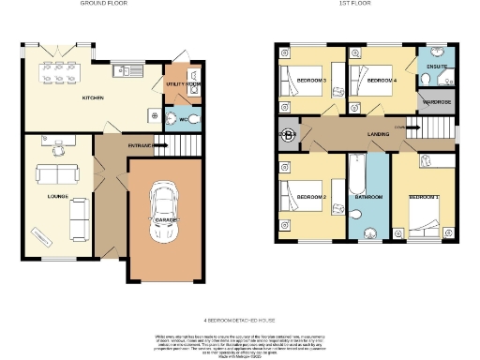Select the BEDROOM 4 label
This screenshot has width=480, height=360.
coord(379,82)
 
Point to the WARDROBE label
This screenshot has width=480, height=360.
coord(437,100)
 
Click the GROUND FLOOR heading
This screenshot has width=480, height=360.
coord(103,5)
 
